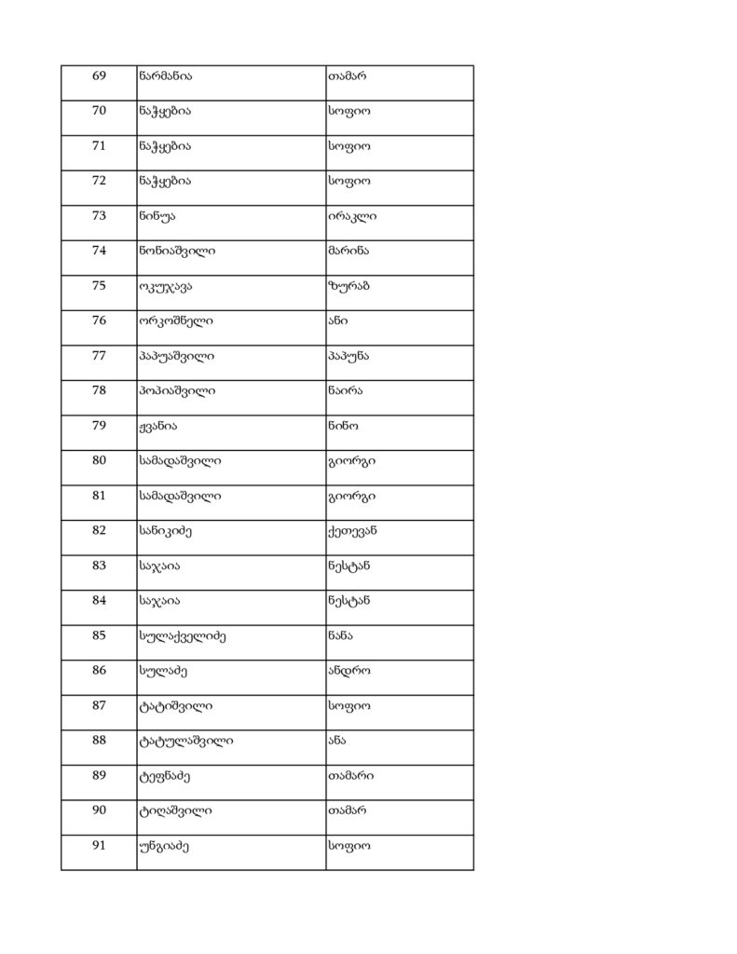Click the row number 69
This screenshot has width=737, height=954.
click(x=99, y=75)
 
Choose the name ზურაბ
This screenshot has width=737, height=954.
click(x=348, y=286)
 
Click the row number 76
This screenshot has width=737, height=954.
click(x=99, y=320)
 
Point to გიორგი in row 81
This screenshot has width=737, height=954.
click(x=352, y=496)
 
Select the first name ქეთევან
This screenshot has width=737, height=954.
click(x=352, y=530)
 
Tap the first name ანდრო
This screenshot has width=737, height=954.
click(x=348, y=670)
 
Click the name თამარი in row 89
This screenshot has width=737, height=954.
click(x=350, y=775)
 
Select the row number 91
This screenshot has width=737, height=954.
click(x=99, y=845)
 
